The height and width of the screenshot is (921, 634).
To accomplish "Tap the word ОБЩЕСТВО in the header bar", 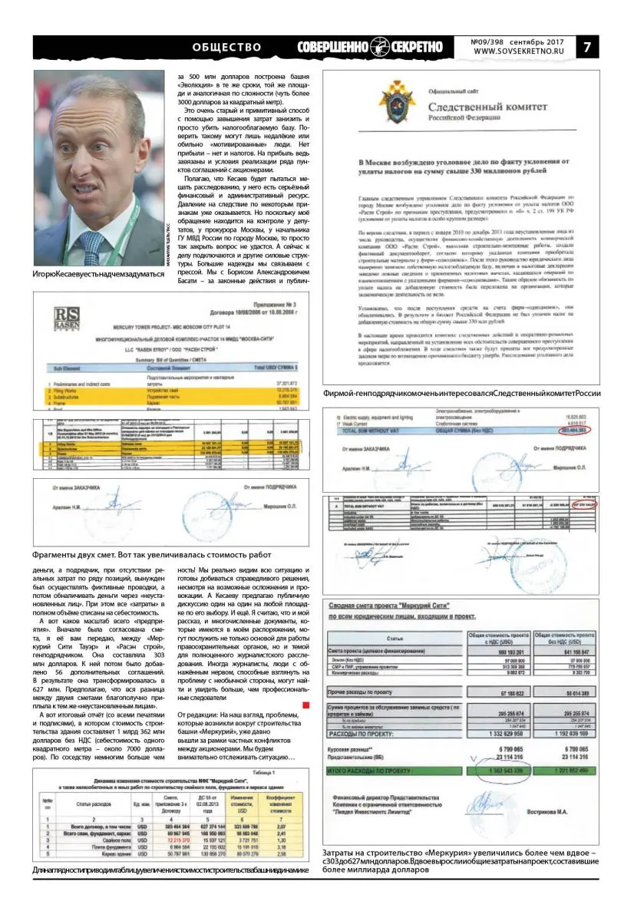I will click(x=227, y=46).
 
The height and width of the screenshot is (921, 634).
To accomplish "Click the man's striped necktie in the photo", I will click(x=93, y=245).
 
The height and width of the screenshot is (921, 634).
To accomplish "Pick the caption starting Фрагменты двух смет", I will click(x=152, y=554).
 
